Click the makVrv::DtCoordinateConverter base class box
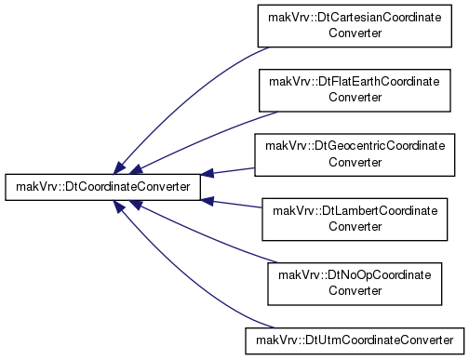click(x=102, y=187)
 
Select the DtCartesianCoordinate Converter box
click(x=355, y=26)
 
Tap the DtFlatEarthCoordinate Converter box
click(x=355, y=90)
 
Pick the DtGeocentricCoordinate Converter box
click(x=355, y=155)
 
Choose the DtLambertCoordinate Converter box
click(x=355, y=220)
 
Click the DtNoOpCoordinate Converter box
click(x=355, y=284)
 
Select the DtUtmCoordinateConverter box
click(x=355, y=340)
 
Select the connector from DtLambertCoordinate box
click(x=232, y=204)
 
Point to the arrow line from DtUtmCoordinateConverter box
click(x=183, y=278)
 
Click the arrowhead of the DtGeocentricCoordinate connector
click(x=208, y=174)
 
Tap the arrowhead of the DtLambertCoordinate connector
click(x=208, y=201)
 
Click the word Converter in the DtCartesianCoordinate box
click(x=355, y=33)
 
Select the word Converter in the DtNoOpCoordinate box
click(x=355, y=291)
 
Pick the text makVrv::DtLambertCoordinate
click(x=355, y=211)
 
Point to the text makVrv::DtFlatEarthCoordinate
click(x=355, y=82)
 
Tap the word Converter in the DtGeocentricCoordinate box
click(x=355, y=162)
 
